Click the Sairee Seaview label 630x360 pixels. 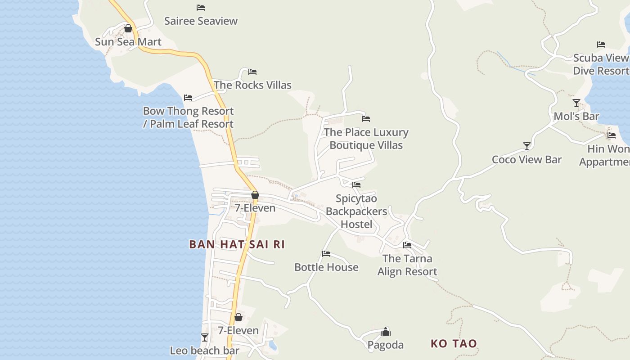coord(201,21)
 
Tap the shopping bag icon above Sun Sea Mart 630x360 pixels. coord(128,29)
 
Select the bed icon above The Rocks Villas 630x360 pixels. coord(252,72)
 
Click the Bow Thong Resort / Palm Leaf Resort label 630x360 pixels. coord(188,117)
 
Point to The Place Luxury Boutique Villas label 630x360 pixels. coord(366,139)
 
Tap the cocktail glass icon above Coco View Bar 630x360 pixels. coord(527,146)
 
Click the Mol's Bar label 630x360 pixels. coord(576,116)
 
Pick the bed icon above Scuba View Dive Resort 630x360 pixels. coord(601,45)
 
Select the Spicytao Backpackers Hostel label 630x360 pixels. coord(356,211)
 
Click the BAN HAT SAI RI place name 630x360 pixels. coord(237,244)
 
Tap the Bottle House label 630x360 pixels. coord(326,267)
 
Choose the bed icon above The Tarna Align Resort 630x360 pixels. coord(407,245)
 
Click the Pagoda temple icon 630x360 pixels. coord(386,332)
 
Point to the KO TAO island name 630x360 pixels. coord(454,343)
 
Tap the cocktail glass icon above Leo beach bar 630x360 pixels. coord(205,337)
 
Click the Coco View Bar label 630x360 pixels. coord(526,159)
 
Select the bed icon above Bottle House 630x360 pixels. coord(326,254)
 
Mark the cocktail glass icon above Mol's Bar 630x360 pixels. coord(576,103)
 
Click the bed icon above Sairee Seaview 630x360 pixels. coord(201,8)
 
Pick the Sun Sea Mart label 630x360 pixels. coord(128,42)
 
